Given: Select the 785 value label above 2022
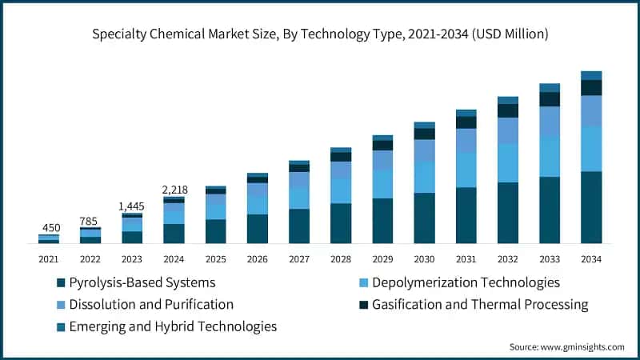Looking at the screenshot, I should [90, 221].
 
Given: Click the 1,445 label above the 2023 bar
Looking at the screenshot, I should [132, 206].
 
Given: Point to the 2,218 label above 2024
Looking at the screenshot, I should [174, 190].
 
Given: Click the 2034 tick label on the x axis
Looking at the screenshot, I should [591, 258].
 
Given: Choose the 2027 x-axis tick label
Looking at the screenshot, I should [299, 258].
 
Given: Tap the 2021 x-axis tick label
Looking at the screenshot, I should [49, 258].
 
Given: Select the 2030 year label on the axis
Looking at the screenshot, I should [424, 258].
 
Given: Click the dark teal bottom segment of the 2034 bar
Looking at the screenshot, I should [591, 207].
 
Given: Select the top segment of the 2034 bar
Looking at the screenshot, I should [591, 75].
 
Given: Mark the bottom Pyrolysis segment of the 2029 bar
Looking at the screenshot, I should [382, 221].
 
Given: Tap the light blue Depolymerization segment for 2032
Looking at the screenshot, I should [508, 163].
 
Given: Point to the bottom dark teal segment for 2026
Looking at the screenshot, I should [258, 229].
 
